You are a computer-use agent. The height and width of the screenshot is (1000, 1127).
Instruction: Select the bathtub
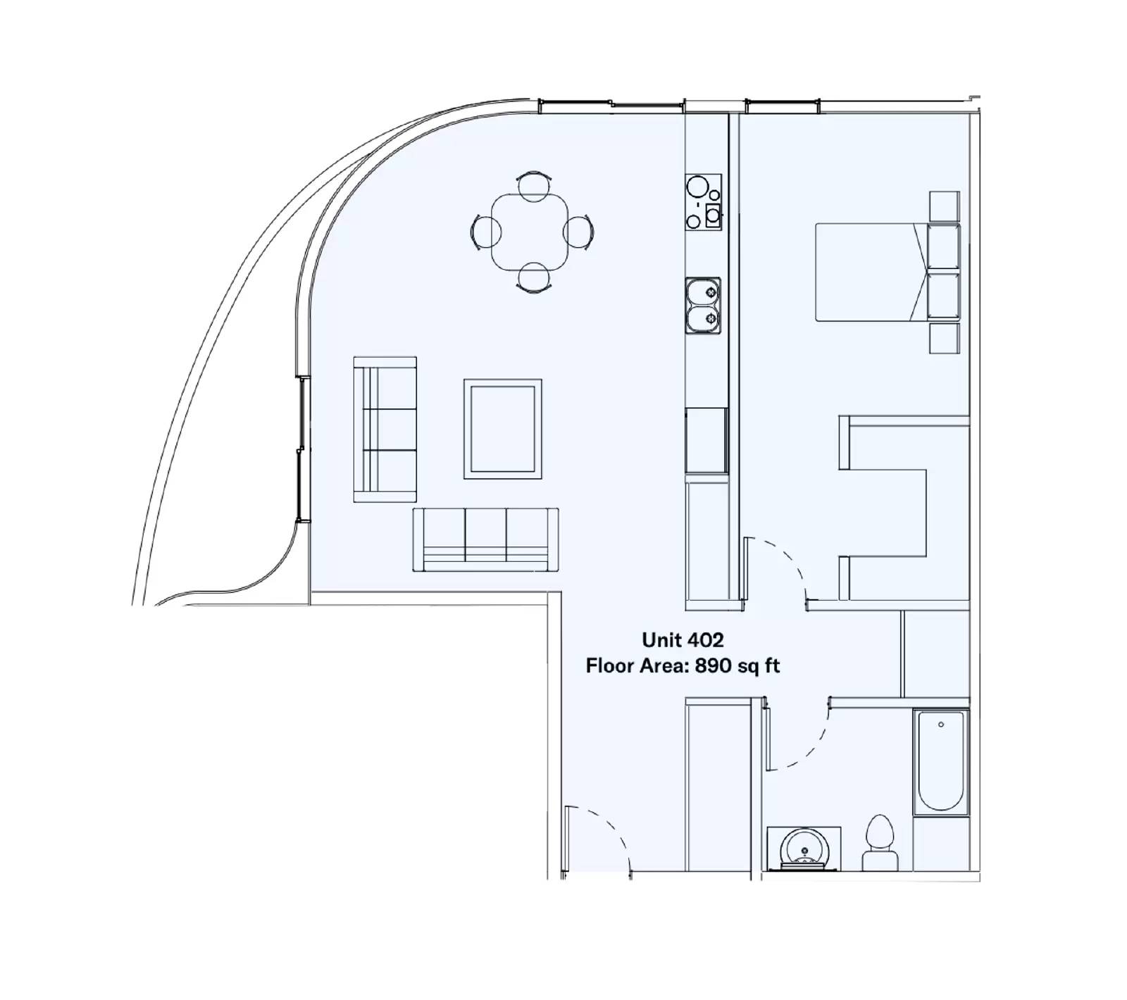click(941, 762)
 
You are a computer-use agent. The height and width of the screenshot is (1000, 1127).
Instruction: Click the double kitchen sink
click(703, 306)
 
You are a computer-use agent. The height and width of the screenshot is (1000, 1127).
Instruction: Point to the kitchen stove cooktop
click(703, 201)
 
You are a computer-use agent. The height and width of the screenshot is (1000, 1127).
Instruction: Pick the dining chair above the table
click(533, 185)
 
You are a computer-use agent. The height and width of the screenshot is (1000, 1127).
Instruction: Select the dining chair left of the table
click(485, 231)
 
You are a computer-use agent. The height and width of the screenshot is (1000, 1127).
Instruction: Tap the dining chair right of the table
click(580, 231)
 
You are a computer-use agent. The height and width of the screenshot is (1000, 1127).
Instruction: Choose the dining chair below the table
click(533, 277)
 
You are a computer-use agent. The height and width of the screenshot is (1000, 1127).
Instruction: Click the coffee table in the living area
click(502, 429)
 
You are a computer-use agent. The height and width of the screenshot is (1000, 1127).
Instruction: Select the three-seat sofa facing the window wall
click(385, 429)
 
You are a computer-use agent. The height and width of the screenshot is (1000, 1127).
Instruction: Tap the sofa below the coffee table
click(485, 539)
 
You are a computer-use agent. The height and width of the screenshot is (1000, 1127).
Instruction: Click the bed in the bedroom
click(873, 273)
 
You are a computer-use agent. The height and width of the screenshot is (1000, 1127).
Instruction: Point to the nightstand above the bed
click(944, 205)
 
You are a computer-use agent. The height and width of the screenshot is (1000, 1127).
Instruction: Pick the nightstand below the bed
click(944, 338)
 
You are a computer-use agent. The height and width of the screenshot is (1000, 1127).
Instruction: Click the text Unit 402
click(683, 640)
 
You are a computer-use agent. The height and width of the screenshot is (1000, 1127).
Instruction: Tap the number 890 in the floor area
click(713, 665)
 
